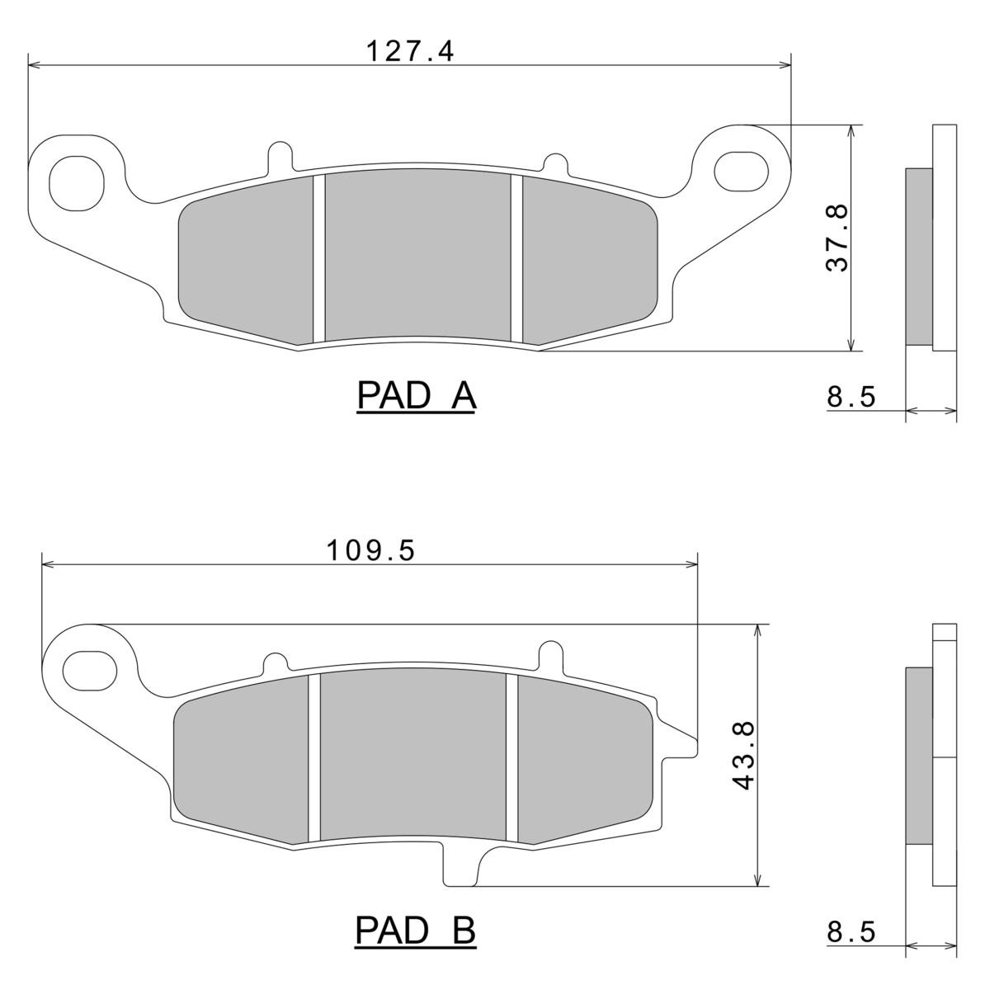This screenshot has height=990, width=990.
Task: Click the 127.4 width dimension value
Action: click(411, 51)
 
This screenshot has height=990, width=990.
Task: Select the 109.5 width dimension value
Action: click(371, 551)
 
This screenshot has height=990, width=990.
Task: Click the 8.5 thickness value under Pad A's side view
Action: click(851, 397)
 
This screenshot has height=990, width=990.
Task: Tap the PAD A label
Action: click(416, 396)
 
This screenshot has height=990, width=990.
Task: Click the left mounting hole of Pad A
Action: click(77, 183)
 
